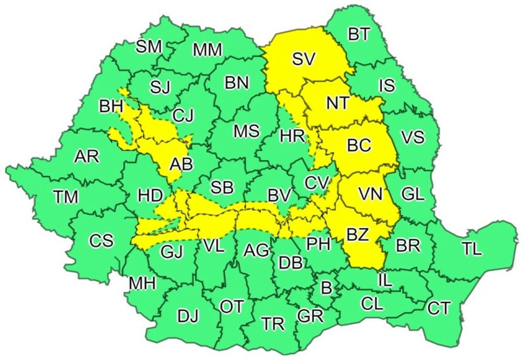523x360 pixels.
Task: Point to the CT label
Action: pyautogui.click(x=438, y=308)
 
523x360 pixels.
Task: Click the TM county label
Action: pyautogui.click(x=66, y=197)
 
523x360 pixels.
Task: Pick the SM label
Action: pyautogui.click(x=149, y=47)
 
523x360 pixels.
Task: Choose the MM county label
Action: pyautogui.click(x=207, y=50)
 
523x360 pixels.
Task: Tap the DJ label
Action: pyautogui.click(x=188, y=316)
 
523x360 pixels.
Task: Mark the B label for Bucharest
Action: pyautogui.click(x=326, y=287)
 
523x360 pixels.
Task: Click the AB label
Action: pyautogui.click(x=181, y=164)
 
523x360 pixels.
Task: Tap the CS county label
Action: pyautogui.click(x=101, y=241)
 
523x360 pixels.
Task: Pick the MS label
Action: pyautogui.click(x=246, y=131)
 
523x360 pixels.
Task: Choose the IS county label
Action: pyautogui.click(x=386, y=86)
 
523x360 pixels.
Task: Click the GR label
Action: pyautogui.click(x=310, y=316)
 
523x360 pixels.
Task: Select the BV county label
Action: pyautogui.click(x=279, y=196)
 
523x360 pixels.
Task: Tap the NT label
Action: pyautogui.click(x=337, y=103)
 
